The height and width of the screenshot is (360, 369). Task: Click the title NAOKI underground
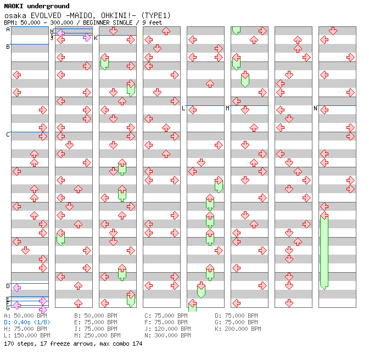click(37, 6)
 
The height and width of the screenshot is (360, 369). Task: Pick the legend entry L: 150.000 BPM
click(27, 335)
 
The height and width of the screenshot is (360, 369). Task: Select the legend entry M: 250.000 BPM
click(97, 335)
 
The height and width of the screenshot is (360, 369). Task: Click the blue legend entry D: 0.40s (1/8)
click(27, 322)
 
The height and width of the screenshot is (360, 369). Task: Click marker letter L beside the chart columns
click(183, 108)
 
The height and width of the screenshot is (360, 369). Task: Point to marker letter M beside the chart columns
click(227, 108)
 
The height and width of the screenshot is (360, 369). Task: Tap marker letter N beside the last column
click(315, 108)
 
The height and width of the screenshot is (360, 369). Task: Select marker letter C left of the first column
click(8, 134)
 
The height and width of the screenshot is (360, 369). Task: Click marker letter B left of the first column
click(8, 47)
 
